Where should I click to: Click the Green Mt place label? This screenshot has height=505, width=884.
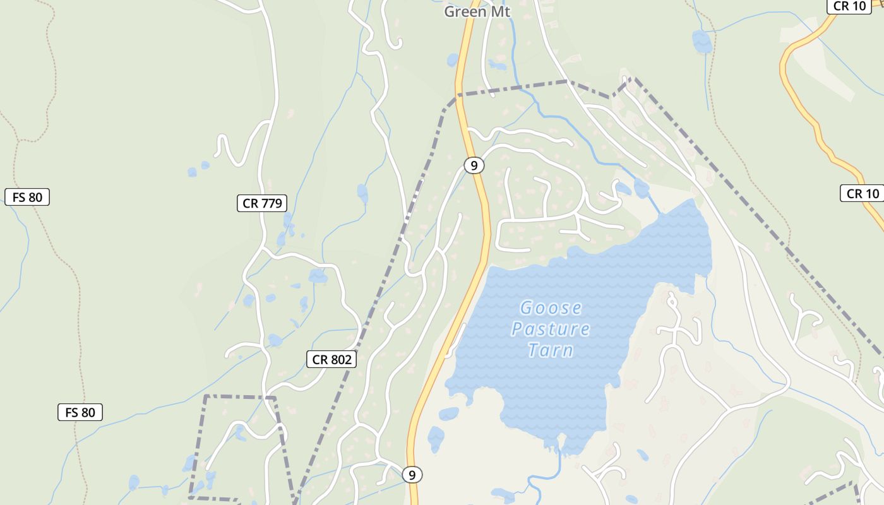click(477, 11)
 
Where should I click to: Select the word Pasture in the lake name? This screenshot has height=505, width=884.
click(551, 329)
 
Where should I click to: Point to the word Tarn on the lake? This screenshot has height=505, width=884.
click(551, 350)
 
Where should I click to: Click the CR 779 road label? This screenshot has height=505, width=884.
click(262, 203)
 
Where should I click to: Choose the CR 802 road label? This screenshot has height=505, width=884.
click(331, 360)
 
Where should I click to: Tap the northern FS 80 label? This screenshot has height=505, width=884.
click(27, 197)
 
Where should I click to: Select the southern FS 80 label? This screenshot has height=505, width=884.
click(80, 413)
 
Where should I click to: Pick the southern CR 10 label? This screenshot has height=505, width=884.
click(863, 193)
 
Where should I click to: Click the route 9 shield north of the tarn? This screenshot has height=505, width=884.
click(474, 165)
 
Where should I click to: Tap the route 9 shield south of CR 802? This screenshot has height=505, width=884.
click(412, 474)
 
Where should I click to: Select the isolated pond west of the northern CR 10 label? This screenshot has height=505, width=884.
click(702, 42)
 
